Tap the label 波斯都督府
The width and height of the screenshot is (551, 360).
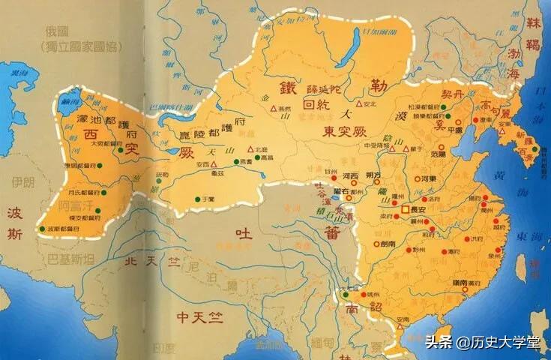[63, 228]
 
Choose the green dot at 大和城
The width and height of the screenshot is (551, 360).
[346, 295]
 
